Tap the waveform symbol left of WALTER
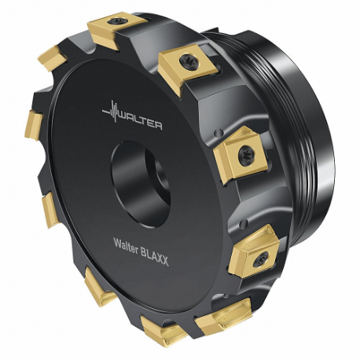111,113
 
